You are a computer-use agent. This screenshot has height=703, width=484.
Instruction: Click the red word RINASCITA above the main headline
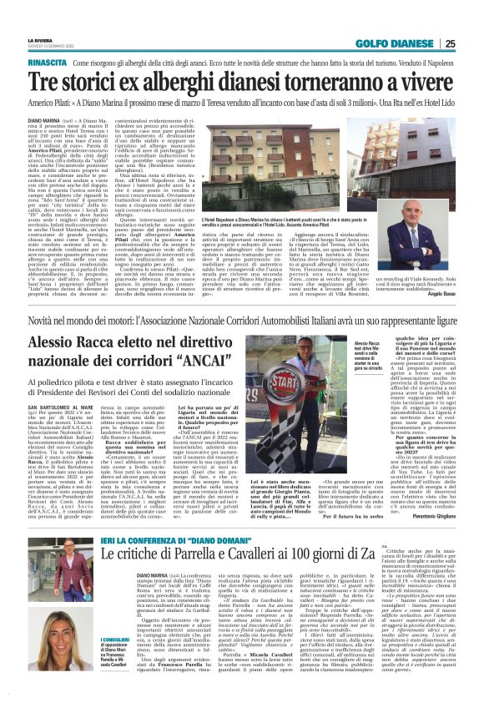(x=48, y=63)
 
